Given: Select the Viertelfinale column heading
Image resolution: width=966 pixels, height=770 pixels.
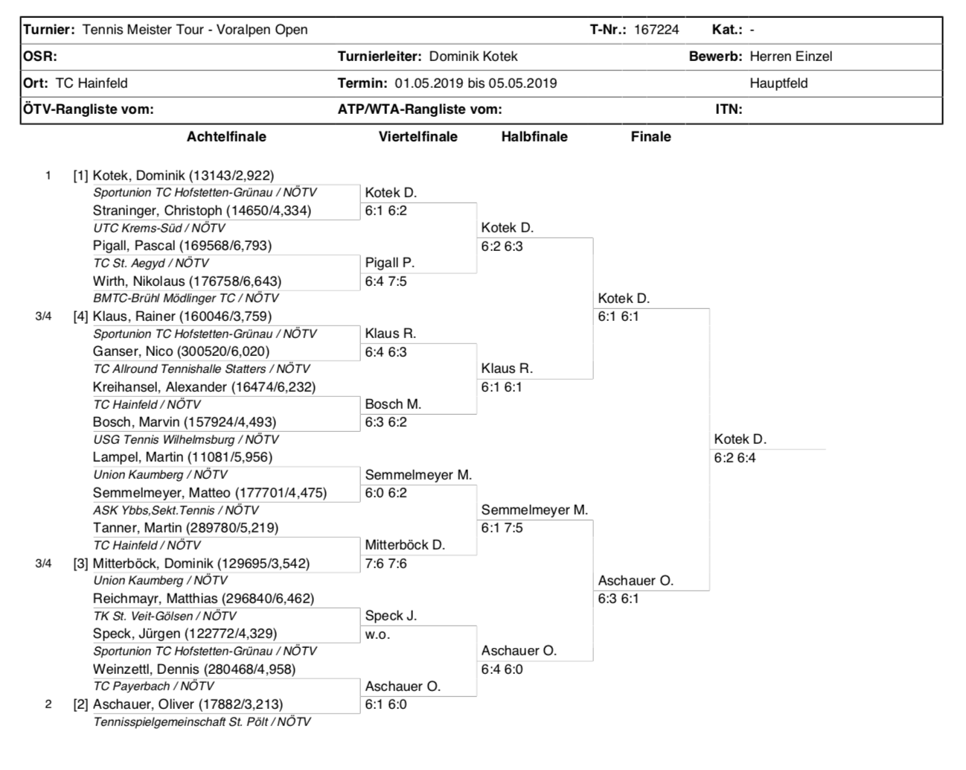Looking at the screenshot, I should (418, 137).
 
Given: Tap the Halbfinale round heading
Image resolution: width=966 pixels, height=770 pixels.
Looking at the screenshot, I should (534, 137).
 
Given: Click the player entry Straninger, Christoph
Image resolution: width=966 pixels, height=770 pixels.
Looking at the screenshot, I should (202, 211).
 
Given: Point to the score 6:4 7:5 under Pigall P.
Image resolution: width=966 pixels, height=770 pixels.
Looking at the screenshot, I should (386, 281).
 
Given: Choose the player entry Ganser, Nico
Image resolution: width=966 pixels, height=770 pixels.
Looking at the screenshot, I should (181, 351).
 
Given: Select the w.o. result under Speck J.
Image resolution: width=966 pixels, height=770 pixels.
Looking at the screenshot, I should (377, 634).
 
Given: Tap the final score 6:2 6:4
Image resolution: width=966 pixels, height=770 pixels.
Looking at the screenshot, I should (735, 458).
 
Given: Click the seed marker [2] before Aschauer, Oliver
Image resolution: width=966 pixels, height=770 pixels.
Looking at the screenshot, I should (80, 704).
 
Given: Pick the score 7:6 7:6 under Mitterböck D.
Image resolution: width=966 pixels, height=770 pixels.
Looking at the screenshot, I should (386, 564).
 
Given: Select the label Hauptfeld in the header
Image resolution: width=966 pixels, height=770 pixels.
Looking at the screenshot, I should (778, 83).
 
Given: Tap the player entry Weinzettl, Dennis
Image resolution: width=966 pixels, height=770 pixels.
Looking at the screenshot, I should (193, 669).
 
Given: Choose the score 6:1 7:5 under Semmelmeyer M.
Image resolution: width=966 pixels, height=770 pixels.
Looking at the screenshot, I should (502, 528).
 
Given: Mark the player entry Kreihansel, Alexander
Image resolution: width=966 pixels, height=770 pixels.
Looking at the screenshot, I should (204, 387).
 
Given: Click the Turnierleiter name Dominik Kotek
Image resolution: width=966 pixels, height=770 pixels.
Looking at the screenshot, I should (473, 57).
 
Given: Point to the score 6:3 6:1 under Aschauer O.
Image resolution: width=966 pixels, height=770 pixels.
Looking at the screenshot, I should (618, 599).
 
